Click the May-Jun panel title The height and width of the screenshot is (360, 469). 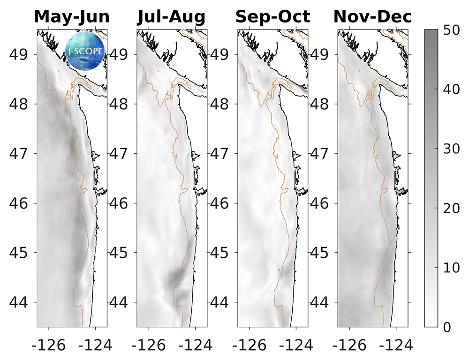pyautogui.click(x=72, y=17)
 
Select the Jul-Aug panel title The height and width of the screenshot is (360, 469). pyautogui.click(x=171, y=17)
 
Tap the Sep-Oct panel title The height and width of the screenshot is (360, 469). pyautogui.click(x=272, y=17)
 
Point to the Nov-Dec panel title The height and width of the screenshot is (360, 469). pyautogui.click(x=373, y=17)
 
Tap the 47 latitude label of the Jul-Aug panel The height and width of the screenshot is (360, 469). pyautogui.click(x=121, y=154)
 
